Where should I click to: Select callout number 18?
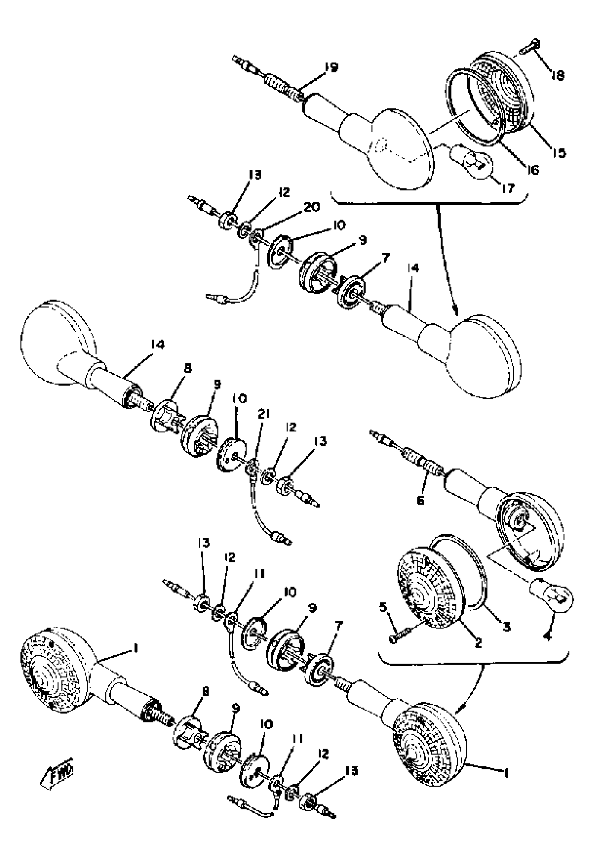[x=557, y=76]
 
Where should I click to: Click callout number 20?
[x=311, y=207]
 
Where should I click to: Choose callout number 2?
[x=478, y=643]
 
